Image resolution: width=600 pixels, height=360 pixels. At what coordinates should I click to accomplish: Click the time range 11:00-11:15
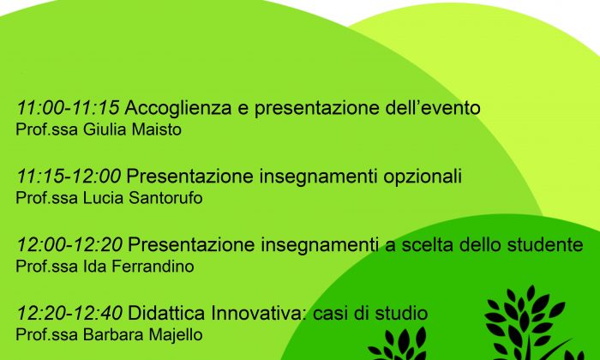pyautogui.click(x=68, y=108)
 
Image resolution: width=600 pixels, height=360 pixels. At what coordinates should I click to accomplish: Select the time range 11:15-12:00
pyautogui.click(x=69, y=177)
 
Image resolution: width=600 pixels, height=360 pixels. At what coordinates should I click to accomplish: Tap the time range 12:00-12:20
pyautogui.click(x=69, y=245)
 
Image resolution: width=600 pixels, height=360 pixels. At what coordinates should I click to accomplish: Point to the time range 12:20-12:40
pyautogui.click(x=69, y=314)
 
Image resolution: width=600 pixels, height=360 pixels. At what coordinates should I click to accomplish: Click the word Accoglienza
pyautogui.click(x=178, y=109)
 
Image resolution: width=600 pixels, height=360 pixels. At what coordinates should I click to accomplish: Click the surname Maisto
pyautogui.click(x=157, y=129)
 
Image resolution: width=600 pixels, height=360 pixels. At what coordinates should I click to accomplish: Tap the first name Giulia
pyautogui.click(x=105, y=129)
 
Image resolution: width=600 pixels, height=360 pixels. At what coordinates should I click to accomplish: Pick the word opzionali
pyautogui.click(x=423, y=177)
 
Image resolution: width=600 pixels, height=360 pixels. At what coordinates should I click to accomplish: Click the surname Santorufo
pyautogui.click(x=165, y=198)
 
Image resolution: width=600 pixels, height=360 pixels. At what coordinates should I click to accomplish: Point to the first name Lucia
pyautogui.click(x=104, y=198)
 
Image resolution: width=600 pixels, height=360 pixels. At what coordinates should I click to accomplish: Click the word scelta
pyautogui.click(x=428, y=245)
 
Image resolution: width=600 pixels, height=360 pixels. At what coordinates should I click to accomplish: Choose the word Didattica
pyautogui.click(x=167, y=314)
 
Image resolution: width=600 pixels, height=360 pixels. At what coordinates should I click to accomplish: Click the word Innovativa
pyautogui.click(x=259, y=314)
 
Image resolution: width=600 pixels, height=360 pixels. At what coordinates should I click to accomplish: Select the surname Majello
pyautogui.click(x=176, y=335)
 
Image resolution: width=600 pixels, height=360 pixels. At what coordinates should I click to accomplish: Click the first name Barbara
pyautogui.click(x=113, y=335)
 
